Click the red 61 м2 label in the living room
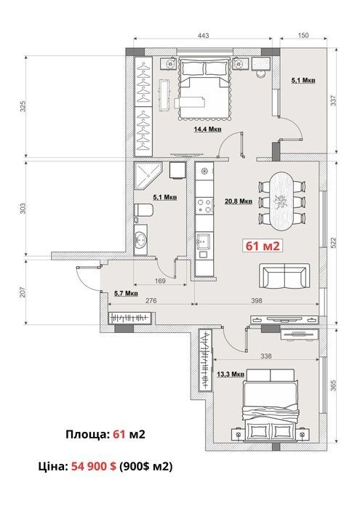tap(263, 246)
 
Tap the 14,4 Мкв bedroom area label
tap(208, 129)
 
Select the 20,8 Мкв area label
tap(239, 201)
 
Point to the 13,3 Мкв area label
tap(231, 374)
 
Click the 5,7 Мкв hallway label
tap(126, 294)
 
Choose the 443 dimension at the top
tap(204, 35)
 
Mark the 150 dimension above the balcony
tap(303, 35)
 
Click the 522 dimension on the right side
tap(333, 243)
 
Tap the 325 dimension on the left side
tap(23, 106)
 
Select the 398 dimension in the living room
tap(257, 300)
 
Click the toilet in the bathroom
tap(143, 210)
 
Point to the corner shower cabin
tap(148, 176)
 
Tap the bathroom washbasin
tap(141, 239)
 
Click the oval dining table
tap(281, 201)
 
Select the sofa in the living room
tap(284, 276)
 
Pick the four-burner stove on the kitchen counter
tap(205, 206)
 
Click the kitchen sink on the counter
tap(203, 242)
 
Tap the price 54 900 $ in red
tap(94, 466)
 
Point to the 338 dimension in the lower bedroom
tap(266, 356)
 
